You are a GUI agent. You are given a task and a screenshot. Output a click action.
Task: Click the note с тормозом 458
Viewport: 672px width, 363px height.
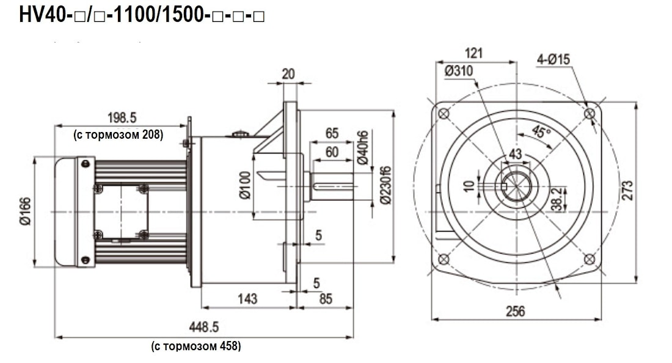point(196,346)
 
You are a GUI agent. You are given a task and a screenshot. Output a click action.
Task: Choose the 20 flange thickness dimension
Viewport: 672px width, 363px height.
point(288,74)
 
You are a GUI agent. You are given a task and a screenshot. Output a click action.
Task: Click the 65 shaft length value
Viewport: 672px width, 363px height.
point(332,133)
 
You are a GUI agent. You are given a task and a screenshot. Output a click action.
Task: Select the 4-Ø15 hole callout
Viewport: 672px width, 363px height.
point(553,59)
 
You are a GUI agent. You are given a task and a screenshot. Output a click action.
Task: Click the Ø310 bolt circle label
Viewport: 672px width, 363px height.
point(459,71)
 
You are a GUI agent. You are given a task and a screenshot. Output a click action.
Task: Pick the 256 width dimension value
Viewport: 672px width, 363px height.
point(516,311)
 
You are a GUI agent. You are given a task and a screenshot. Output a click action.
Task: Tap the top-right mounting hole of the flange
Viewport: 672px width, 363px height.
point(589,114)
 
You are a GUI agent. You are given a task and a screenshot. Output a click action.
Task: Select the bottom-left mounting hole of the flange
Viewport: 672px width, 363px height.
point(444,259)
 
